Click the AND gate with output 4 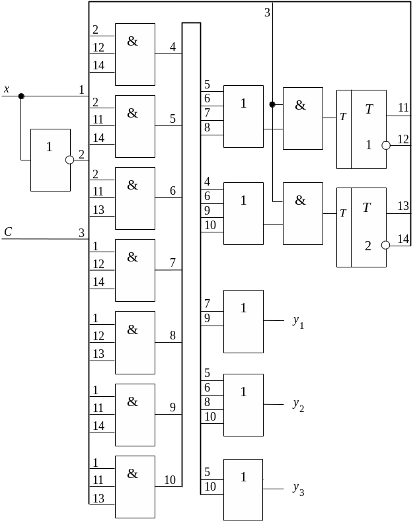[135, 54]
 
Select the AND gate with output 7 [135, 270]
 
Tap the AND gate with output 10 [135, 486]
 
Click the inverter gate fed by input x [50, 160]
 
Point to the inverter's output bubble [69, 160]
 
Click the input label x [7, 89]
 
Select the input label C [8, 232]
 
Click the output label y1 [298, 322]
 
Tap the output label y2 [298, 405]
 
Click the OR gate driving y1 [243, 321]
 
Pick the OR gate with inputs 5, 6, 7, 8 [243, 116]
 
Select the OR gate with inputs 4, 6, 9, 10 [243, 213]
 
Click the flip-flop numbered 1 [361, 129]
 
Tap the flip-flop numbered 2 [361, 227]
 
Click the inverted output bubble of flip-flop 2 [385, 245]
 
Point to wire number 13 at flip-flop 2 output [403, 206]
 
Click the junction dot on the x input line [21, 96]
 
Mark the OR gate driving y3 [243, 489]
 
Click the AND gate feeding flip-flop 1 [303, 118]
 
